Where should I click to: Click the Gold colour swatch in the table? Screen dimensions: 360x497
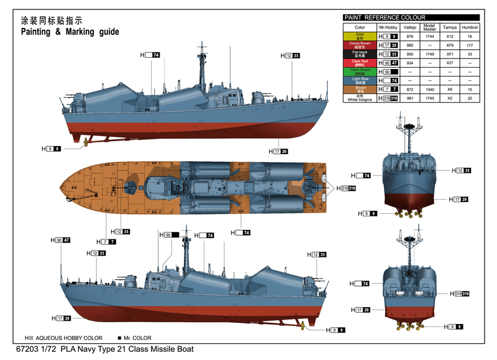[x=360, y=37]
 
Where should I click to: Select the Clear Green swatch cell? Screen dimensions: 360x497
[x=360, y=72]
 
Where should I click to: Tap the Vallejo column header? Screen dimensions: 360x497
[x=409, y=27]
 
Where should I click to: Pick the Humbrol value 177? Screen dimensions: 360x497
[x=470, y=45]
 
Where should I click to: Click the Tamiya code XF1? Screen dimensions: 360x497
[x=450, y=54]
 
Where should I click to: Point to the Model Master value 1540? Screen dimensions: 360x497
[x=429, y=90]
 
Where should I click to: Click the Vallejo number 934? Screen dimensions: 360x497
[x=409, y=63]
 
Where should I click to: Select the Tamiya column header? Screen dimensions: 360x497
[x=450, y=27]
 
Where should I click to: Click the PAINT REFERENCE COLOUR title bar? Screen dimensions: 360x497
[x=411, y=17]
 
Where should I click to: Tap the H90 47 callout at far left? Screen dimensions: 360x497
[x=60, y=240]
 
